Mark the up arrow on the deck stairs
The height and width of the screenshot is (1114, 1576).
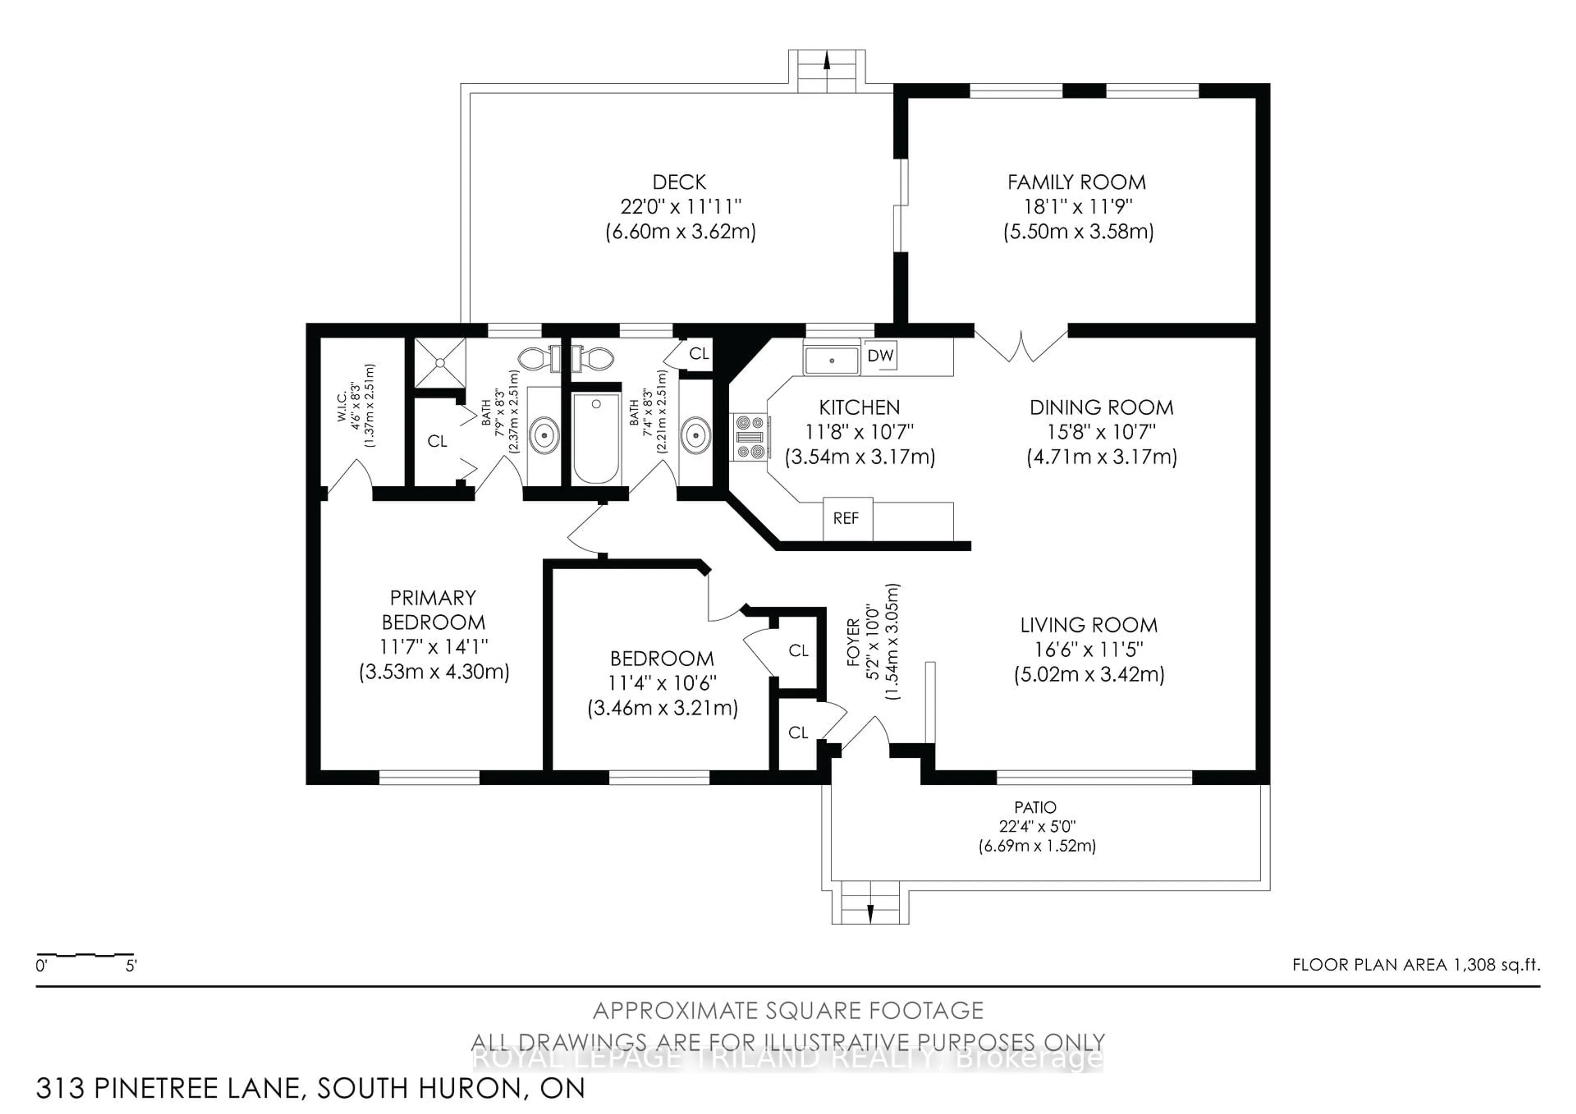coord(827,62)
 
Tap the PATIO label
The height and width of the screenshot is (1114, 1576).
coord(1035,807)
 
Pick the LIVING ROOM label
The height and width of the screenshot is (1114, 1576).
coord(1089,625)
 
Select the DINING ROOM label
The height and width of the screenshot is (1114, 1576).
coord(1101,407)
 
